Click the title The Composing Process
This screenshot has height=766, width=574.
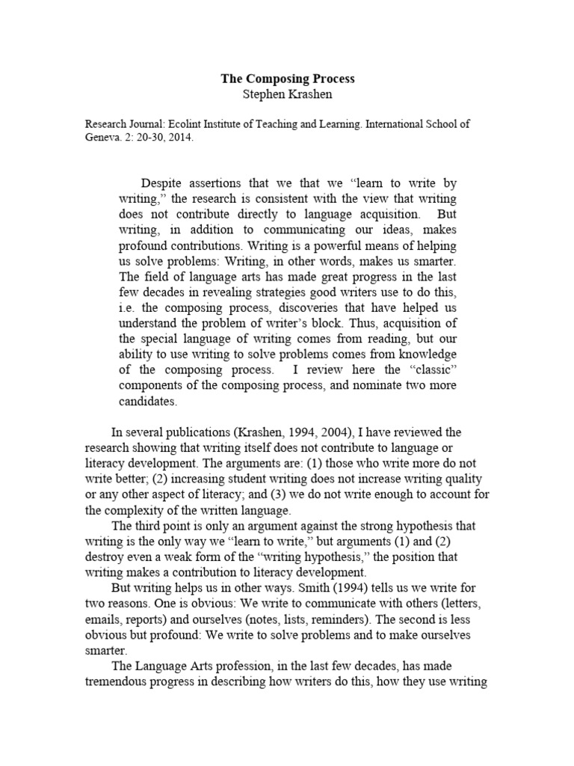point(286,79)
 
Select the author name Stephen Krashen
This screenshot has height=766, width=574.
point(286,94)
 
